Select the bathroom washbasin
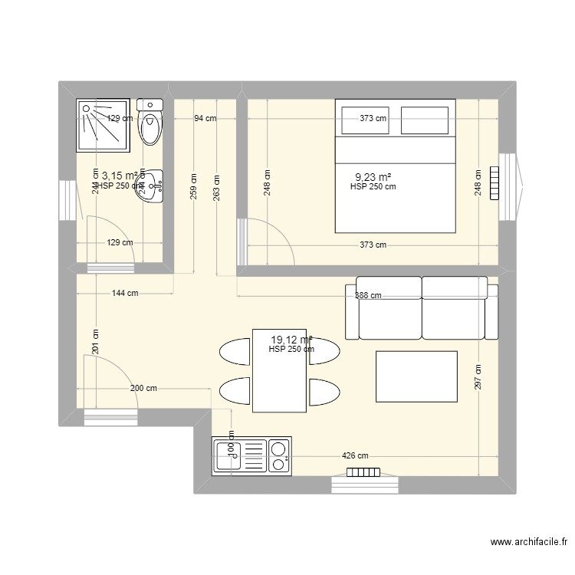[x=151, y=186]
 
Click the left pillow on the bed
[x=364, y=120]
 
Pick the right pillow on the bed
[x=425, y=120]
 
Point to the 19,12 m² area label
[x=291, y=339]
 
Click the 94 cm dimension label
[x=205, y=118]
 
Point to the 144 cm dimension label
[x=124, y=293]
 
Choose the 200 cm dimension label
[x=143, y=388]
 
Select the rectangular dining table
[x=279, y=370]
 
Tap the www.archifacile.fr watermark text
[x=528, y=544]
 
